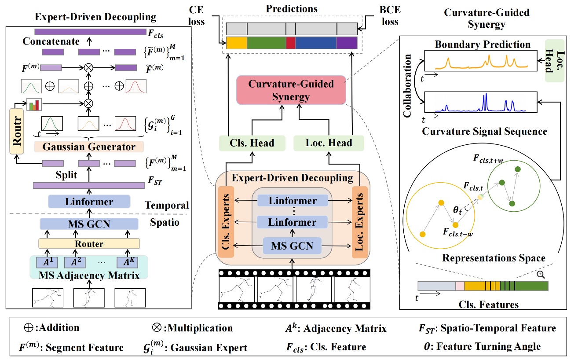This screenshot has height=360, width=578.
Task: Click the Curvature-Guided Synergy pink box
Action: (x=291, y=90)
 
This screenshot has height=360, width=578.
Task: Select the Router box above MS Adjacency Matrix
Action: (x=89, y=243)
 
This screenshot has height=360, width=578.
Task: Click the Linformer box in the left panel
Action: (x=89, y=202)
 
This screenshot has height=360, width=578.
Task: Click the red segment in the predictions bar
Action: (x=291, y=43)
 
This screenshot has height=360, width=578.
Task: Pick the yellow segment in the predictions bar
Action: (x=237, y=43)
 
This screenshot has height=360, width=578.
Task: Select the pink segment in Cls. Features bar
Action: (x=460, y=286)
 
